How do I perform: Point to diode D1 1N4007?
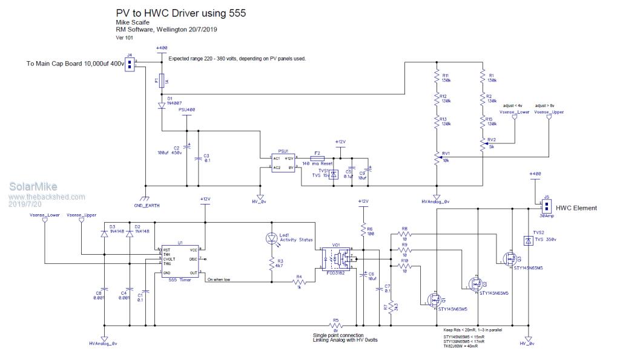click(162, 104)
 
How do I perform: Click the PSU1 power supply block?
click(283, 162)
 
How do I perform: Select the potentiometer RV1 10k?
click(436, 157)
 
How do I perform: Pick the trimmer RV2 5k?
click(483, 143)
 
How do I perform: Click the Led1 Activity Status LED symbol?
click(271, 238)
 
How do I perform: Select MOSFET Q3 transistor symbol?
click(507, 259)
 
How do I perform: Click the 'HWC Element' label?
click(576, 208)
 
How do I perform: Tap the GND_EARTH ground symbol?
click(145, 199)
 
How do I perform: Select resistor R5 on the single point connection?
click(335, 325)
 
